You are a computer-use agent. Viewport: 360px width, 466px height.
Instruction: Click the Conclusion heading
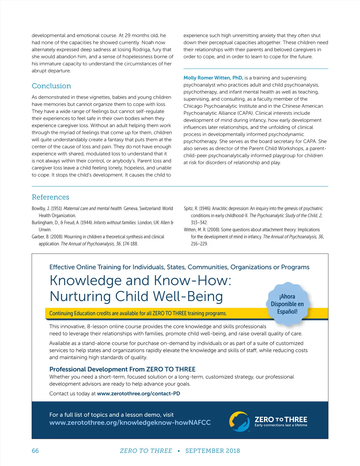(x=51, y=86)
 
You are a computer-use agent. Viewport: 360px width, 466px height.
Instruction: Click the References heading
(x=50, y=197)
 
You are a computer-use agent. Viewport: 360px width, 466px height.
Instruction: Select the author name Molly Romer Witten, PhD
(x=213, y=78)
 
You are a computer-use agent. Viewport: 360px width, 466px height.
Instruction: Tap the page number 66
(x=35, y=451)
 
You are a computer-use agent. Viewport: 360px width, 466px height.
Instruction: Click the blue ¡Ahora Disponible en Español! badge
(x=287, y=304)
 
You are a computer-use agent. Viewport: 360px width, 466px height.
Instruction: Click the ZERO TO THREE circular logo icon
(x=239, y=422)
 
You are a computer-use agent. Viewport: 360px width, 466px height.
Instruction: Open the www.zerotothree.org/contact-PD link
(x=139, y=393)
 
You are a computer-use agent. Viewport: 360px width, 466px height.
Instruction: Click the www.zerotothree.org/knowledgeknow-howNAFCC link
(x=130, y=422)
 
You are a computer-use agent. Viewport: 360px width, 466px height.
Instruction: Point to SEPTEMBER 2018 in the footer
(x=212, y=451)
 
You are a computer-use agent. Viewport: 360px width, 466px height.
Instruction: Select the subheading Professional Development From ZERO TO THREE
(x=122, y=369)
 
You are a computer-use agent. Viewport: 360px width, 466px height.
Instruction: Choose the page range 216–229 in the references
(x=199, y=244)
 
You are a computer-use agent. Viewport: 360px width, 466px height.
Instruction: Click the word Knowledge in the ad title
(x=85, y=281)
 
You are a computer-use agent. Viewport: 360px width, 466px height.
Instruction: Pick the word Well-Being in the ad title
(x=188, y=296)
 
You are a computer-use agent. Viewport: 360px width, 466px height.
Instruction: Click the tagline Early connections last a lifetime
(x=281, y=425)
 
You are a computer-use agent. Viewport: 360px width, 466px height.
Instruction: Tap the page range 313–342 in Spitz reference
(x=199, y=223)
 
